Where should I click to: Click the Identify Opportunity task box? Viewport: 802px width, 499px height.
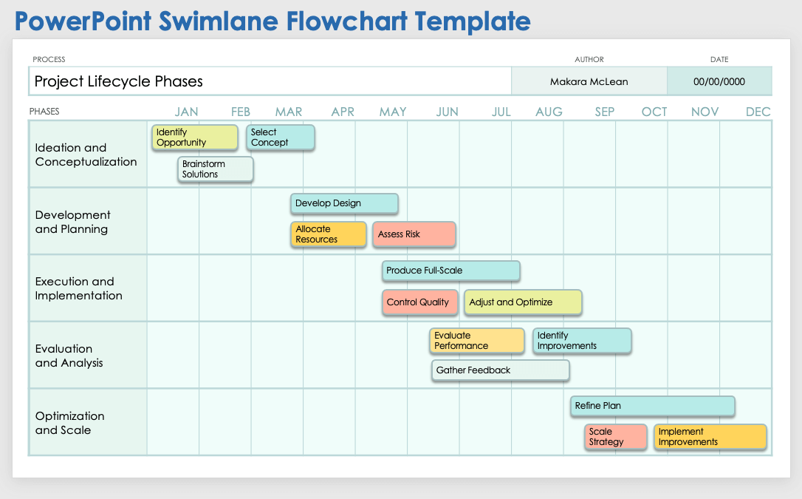click(195, 138)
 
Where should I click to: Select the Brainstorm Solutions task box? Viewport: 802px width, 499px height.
click(216, 169)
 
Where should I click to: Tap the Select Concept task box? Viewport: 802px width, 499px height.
click(281, 138)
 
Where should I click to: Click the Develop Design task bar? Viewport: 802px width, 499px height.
click(344, 203)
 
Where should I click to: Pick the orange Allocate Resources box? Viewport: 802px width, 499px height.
click(329, 234)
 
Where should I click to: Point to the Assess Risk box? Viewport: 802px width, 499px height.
click(414, 234)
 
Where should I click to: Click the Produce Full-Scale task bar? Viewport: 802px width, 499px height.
click(450, 271)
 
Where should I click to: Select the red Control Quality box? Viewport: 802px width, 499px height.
click(418, 302)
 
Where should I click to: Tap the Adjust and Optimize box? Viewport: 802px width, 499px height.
click(523, 302)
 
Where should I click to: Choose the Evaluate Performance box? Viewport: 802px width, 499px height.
click(477, 341)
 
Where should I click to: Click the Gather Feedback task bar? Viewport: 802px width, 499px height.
click(500, 370)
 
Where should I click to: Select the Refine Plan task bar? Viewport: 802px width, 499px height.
click(652, 406)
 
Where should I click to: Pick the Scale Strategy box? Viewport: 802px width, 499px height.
click(615, 437)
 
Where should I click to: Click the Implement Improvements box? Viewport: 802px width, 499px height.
click(710, 437)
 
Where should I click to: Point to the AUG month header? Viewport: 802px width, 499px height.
click(549, 112)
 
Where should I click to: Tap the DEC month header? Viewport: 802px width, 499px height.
click(758, 112)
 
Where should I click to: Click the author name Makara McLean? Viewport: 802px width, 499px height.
click(589, 81)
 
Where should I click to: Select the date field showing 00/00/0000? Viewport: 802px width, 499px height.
click(719, 81)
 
